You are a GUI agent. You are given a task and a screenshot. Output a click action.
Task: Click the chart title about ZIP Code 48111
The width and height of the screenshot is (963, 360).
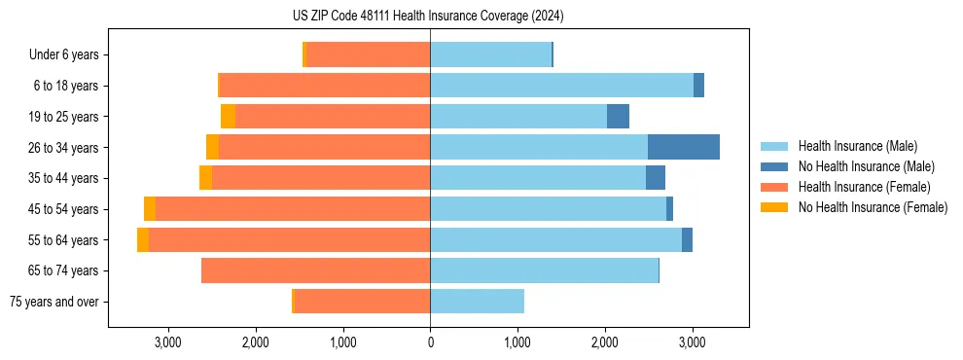click(428, 17)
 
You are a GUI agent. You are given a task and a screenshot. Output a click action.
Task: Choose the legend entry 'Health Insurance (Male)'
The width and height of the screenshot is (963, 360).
click(856, 146)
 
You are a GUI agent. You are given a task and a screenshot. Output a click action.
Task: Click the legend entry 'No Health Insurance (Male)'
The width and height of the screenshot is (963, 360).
click(866, 166)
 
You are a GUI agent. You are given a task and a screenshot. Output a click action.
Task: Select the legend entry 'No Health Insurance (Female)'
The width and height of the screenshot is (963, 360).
click(873, 207)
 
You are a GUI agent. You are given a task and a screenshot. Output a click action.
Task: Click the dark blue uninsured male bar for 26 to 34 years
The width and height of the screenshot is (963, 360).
click(684, 148)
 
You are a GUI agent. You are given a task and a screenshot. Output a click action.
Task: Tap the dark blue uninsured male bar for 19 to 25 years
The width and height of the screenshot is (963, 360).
click(618, 117)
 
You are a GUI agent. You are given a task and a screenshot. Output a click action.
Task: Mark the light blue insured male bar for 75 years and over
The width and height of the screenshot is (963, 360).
click(477, 302)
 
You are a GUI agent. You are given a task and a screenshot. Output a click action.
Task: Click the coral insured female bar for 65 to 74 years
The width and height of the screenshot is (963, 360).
click(316, 270)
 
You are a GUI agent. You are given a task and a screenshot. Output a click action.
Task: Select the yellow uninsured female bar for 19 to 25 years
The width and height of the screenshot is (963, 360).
click(229, 117)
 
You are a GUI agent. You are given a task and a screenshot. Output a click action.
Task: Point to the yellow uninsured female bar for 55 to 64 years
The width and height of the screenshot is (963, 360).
click(143, 240)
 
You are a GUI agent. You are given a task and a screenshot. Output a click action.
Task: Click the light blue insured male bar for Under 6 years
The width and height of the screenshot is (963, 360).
click(491, 55)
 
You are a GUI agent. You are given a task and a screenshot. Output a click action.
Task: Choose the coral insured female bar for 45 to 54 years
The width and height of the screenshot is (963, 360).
click(292, 209)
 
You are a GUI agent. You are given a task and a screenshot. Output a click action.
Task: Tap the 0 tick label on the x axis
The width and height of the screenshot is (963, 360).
click(430, 342)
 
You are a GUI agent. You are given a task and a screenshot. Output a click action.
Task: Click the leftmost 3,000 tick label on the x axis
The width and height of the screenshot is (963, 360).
click(168, 342)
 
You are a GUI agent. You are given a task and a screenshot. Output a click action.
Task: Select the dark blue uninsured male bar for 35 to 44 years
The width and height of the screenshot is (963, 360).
click(656, 178)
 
